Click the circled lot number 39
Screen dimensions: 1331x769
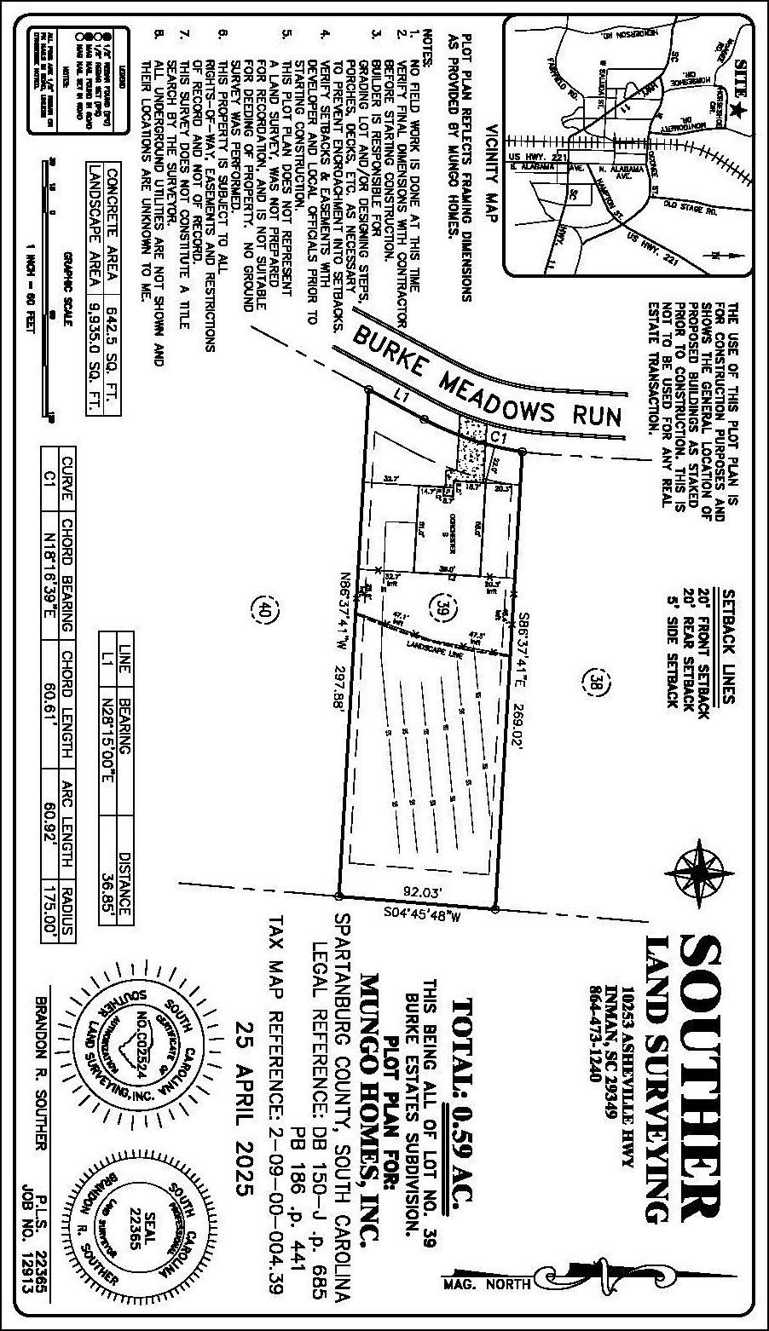pyautogui.click(x=443, y=607)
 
